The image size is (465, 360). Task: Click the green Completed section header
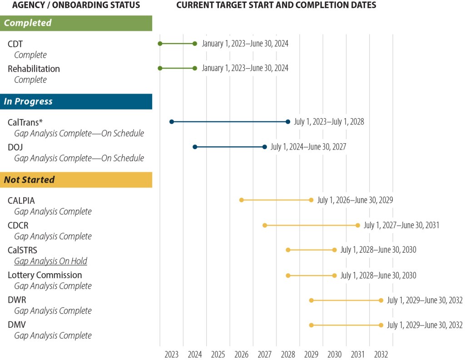coord(76,23)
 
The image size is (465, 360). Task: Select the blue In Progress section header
coord(76,101)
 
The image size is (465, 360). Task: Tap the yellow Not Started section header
coord(76,180)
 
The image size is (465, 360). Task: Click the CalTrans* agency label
coord(25,122)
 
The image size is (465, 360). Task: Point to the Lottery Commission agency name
coord(45,275)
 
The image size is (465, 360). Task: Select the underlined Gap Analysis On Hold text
coord(50,261)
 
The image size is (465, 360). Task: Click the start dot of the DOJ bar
coord(195,147)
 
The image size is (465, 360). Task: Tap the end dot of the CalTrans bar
coord(288,122)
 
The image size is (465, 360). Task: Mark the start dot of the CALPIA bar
coord(242,200)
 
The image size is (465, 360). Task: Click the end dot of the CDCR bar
coord(358,225)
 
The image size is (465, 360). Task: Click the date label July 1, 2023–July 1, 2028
coord(329,122)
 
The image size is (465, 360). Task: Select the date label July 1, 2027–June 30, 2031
coord(401,225)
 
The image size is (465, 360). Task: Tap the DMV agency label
coord(17,325)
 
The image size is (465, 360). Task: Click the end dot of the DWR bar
coord(381,300)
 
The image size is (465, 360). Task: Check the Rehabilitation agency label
coord(34,69)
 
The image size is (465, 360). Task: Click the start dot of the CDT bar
coord(160,44)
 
